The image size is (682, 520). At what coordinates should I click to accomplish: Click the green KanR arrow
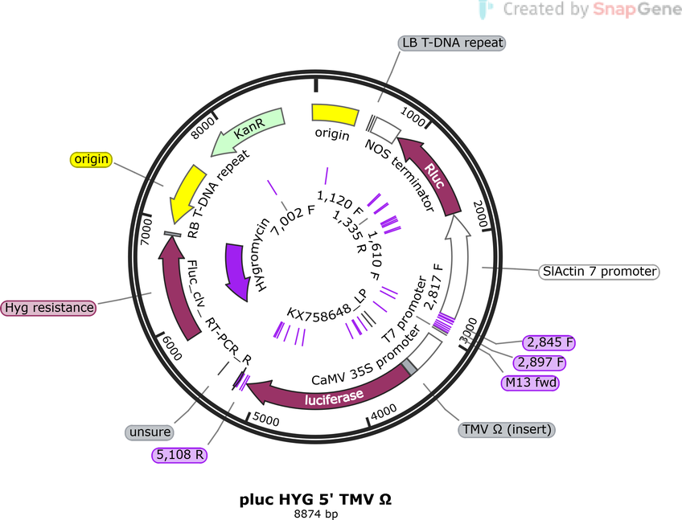(x=248, y=130)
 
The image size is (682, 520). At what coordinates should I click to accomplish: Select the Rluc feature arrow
(x=433, y=174)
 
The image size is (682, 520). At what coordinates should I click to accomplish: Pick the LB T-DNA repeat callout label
(x=452, y=43)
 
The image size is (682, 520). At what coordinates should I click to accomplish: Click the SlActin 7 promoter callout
(x=599, y=272)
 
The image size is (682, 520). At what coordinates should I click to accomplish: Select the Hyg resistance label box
(x=49, y=307)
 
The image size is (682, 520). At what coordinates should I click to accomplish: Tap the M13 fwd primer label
(x=530, y=383)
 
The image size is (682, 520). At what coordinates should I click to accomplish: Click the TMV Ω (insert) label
(x=507, y=429)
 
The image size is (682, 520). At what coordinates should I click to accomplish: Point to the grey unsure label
(x=150, y=432)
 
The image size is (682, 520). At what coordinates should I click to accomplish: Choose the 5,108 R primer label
(x=179, y=455)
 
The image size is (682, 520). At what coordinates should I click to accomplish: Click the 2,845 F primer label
(x=549, y=342)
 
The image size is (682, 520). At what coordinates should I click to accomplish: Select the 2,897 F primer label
(x=540, y=362)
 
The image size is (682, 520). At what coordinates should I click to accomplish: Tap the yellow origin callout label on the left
(x=91, y=159)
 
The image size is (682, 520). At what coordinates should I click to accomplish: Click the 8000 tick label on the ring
(x=203, y=128)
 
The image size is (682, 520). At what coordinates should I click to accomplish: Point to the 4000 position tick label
(x=384, y=411)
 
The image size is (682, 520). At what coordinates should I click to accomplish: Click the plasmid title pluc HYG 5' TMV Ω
(x=316, y=499)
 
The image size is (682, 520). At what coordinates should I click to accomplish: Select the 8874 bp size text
(x=316, y=514)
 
